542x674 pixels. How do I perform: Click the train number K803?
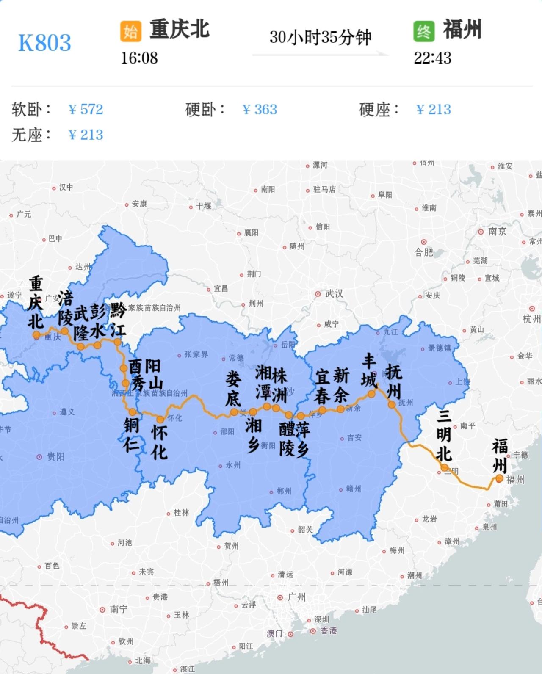pyautogui.click(x=44, y=43)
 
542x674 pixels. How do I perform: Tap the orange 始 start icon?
pyautogui.click(x=130, y=31)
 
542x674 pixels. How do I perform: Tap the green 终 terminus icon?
pyautogui.click(x=424, y=31)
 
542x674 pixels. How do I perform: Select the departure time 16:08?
pyautogui.click(x=139, y=58)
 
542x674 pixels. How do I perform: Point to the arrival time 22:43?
pyautogui.click(x=432, y=58)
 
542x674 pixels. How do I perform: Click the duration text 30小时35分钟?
pyautogui.click(x=320, y=37)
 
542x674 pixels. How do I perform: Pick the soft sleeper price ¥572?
pyautogui.click(x=86, y=110)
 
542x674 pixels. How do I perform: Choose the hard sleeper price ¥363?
pyautogui.click(x=260, y=110)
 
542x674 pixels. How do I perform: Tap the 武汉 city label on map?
pyautogui.click(x=334, y=293)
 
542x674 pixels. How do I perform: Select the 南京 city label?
pyautogui.click(x=497, y=232)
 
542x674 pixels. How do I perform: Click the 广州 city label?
pyautogui.click(x=296, y=597)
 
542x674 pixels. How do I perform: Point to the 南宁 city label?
pyautogui.click(x=119, y=609)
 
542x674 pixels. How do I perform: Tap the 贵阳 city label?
pyautogui.click(x=55, y=456)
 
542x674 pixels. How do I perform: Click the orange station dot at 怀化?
pyautogui.click(x=160, y=419)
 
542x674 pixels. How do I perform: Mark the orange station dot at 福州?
pyautogui.click(x=499, y=478)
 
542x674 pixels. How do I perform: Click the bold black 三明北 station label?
pyautogui.click(x=444, y=436)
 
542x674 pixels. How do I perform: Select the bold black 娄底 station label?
pyautogui.click(x=233, y=389)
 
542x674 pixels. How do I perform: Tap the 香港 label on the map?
pyautogui.click(x=329, y=630)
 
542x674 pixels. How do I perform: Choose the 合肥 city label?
pyautogui.click(x=423, y=252)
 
